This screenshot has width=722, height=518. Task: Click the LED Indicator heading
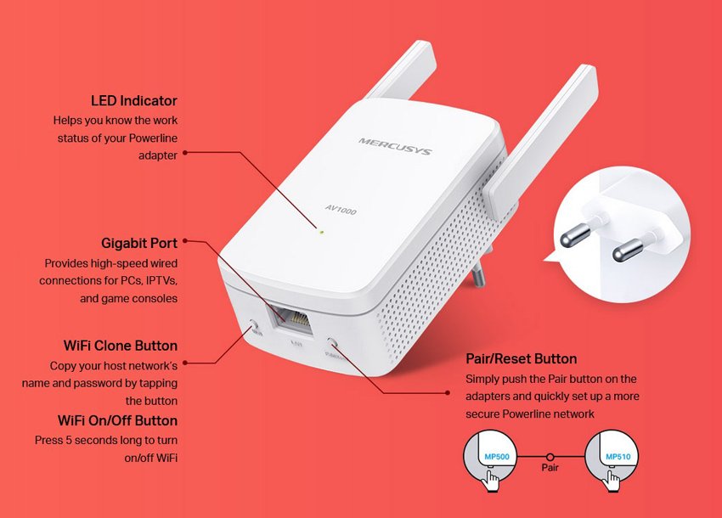tap(134, 101)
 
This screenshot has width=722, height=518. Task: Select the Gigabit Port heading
tap(139, 244)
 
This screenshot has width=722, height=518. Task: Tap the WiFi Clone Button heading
tap(121, 346)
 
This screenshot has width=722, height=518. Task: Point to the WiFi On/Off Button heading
tap(117, 420)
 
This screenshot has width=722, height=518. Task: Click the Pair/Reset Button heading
tap(522, 358)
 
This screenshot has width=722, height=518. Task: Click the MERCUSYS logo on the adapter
tap(394, 145)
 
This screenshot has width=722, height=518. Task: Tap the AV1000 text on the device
tap(340, 208)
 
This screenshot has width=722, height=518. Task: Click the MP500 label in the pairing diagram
tap(496, 458)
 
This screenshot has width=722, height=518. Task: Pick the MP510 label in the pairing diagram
tap(618, 458)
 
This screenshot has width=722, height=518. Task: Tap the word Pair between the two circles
tap(550, 468)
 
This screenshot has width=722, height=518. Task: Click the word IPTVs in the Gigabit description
tap(158, 280)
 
